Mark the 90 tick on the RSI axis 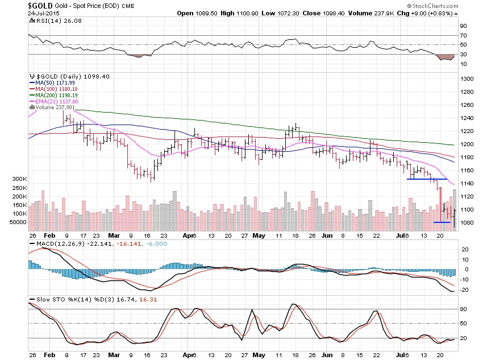464,26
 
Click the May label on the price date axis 258,235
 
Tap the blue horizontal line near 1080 442,222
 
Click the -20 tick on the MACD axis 464,289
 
